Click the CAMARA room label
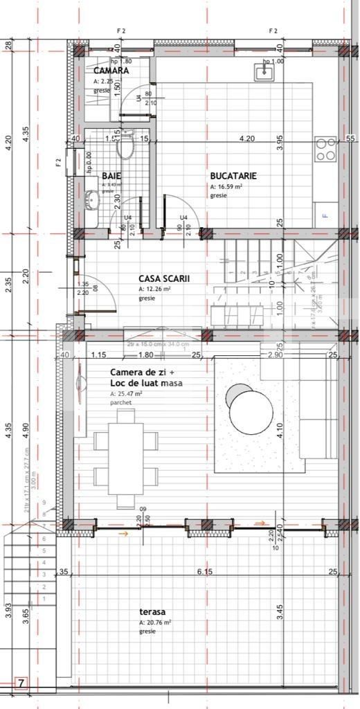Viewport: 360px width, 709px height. [111, 71]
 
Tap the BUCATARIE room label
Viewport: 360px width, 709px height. [233, 176]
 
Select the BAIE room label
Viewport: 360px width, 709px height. [111, 176]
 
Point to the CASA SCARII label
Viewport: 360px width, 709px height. [164, 279]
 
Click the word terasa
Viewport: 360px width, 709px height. [151, 612]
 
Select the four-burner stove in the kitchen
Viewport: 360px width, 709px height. [325, 149]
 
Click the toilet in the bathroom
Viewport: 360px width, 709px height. [125, 147]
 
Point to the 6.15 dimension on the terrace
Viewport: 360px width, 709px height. [204, 572]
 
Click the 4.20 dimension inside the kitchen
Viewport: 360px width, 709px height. [246, 138]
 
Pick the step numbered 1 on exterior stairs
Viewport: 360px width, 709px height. [44, 598]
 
